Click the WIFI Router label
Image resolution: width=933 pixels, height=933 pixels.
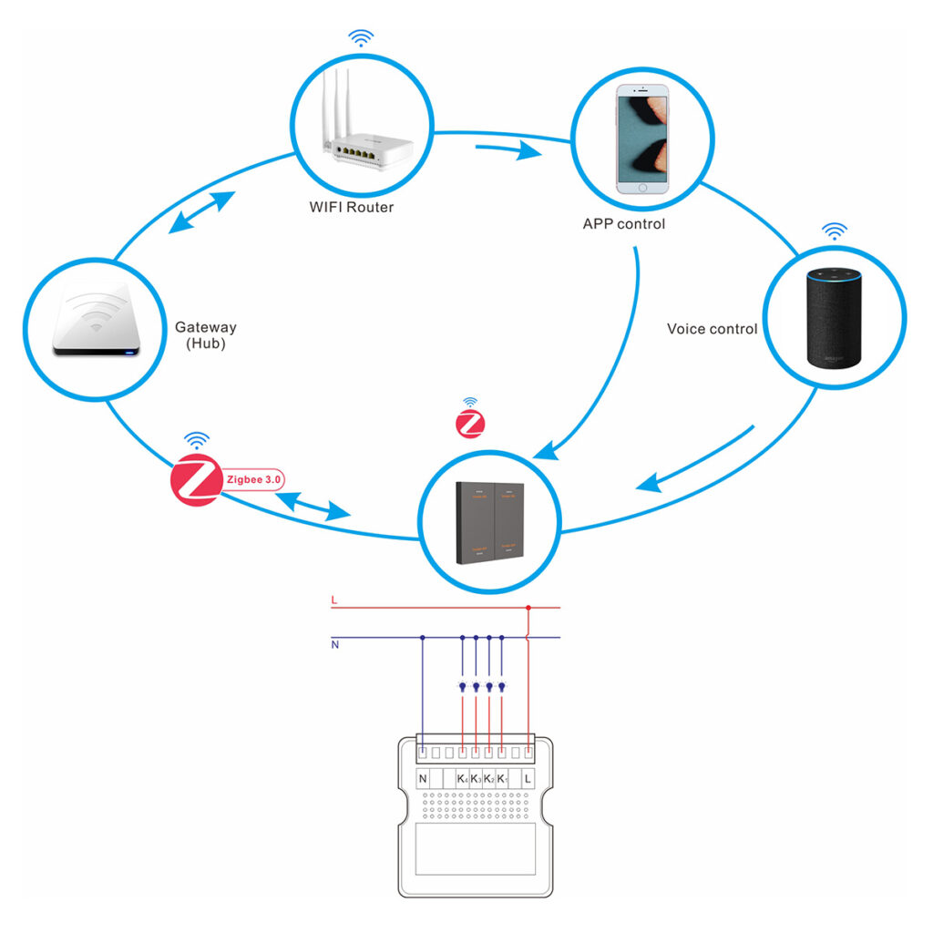click(x=351, y=208)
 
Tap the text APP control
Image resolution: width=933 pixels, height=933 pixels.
click(x=624, y=223)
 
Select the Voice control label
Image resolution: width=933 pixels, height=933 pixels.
click(x=712, y=329)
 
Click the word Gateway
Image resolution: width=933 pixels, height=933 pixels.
click(x=206, y=327)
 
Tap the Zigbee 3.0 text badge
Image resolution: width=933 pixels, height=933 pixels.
click(x=255, y=477)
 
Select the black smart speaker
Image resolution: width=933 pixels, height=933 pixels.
click(x=834, y=319)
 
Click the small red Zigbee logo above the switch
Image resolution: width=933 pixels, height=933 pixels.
click(x=469, y=424)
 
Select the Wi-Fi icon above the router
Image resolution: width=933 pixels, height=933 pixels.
click(x=363, y=38)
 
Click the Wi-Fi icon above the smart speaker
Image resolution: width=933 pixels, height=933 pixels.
click(x=834, y=231)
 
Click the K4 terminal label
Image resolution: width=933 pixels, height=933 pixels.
click(x=463, y=780)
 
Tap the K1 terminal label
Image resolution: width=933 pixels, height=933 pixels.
click(x=502, y=780)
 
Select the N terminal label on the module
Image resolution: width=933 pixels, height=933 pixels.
click(x=423, y=780)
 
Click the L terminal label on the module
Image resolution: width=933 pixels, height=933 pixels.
click(x=528, y=780)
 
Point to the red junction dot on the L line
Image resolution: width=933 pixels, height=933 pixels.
click(x=528, y=608)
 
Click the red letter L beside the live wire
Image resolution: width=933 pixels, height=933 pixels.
click(x=334, y=600)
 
